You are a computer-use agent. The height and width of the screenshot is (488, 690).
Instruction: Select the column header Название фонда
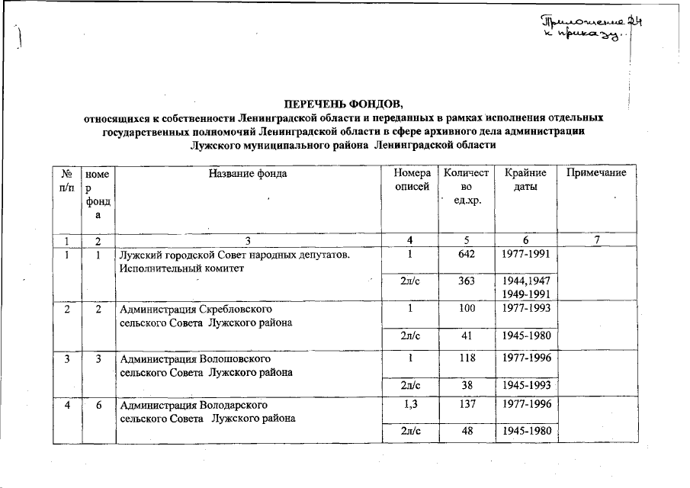[248, 173]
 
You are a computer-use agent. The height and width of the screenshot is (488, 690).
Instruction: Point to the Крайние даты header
[526, 180]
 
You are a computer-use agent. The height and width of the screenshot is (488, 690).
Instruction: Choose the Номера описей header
[411, 180]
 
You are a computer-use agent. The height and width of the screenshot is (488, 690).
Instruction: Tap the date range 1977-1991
[526, 254]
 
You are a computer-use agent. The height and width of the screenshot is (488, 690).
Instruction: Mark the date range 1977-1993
[526, 309]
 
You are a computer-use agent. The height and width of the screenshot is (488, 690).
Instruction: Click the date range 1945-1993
[526, 385]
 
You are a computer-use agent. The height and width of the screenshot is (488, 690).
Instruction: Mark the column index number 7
[597, 241]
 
